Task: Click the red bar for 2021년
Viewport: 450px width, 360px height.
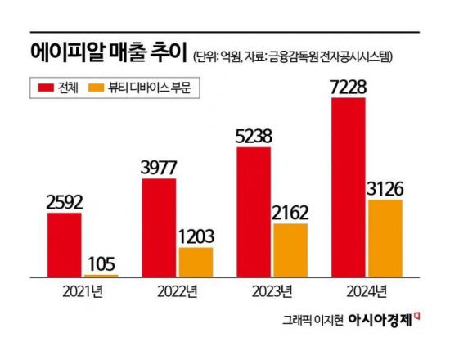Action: click(65, 245)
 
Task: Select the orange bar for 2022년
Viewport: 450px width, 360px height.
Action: click(196, 262)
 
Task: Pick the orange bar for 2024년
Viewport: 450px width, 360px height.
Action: click(385, 238)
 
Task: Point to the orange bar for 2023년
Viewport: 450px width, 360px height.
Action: click(290, 250)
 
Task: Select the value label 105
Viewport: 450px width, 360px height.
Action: click(101, 263)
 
